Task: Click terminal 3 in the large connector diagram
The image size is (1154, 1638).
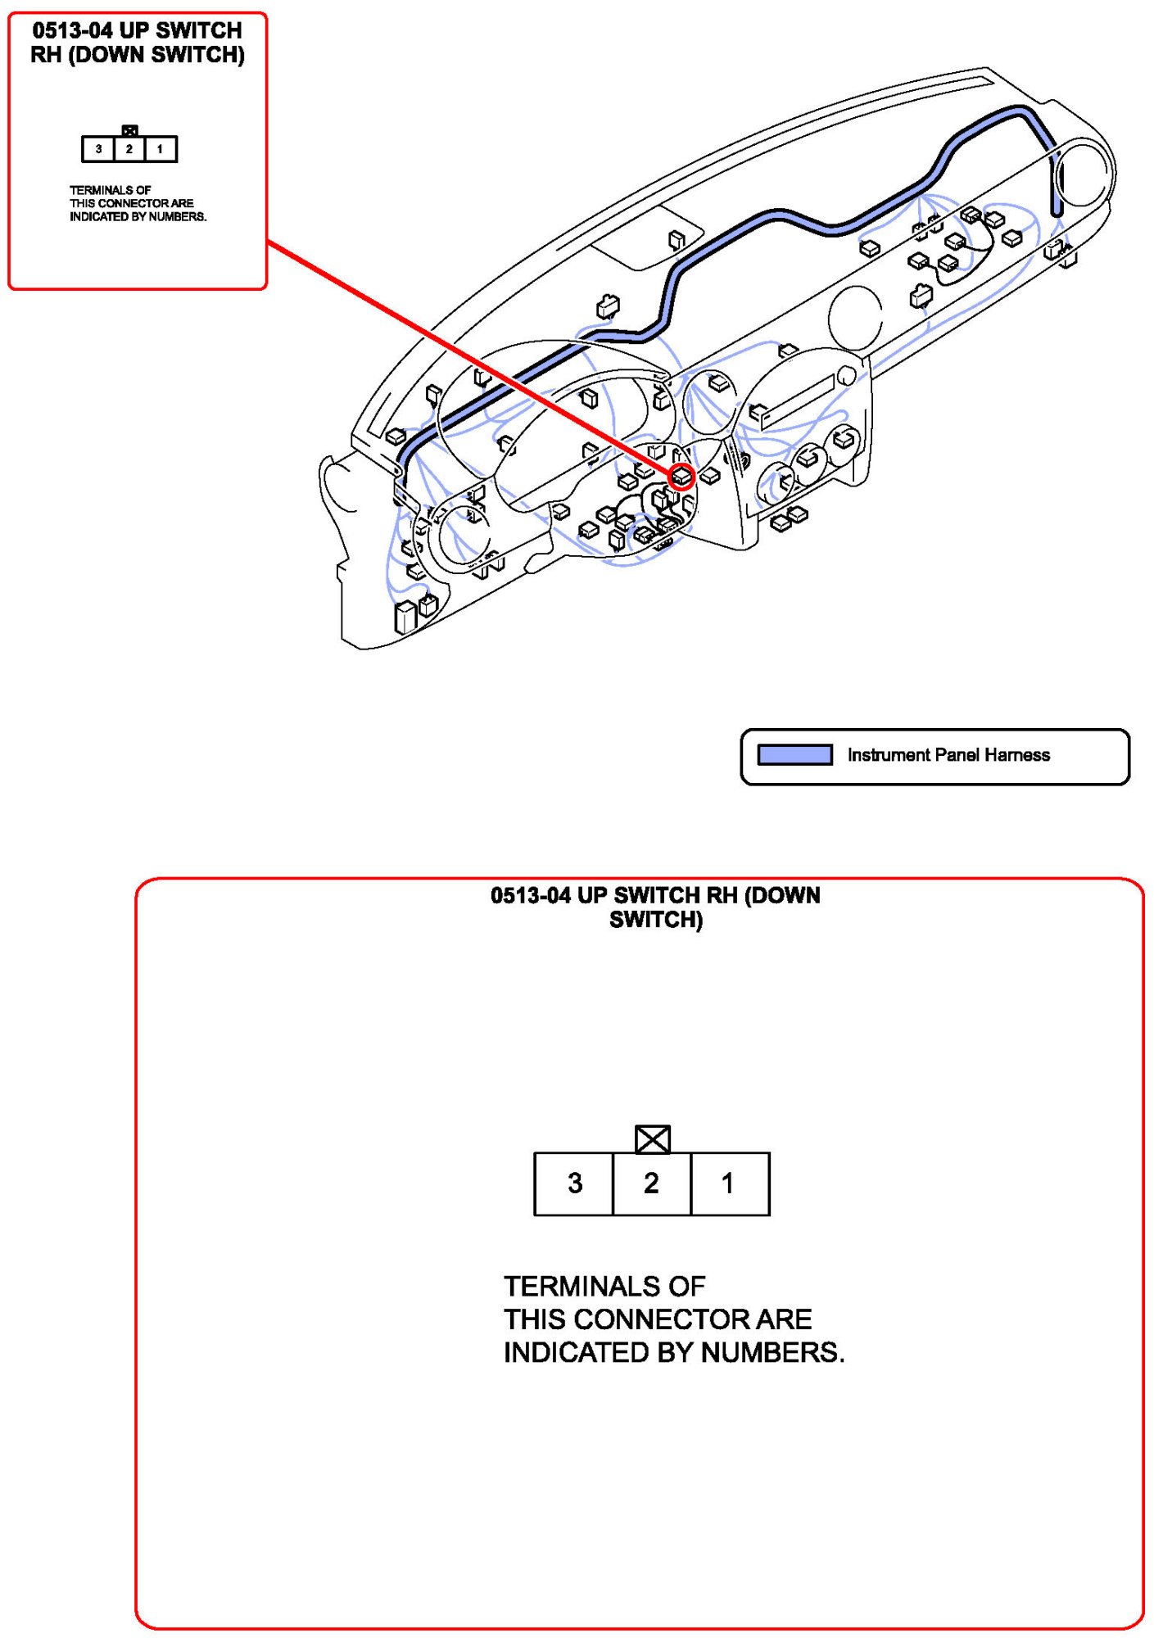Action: pyautogui.click(x=573, y=1183)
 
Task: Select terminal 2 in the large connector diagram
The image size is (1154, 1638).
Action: pyautogui.click(x=652, y=1183)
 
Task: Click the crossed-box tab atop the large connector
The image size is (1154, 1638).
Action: pyautogui.click(x=653, y=1139)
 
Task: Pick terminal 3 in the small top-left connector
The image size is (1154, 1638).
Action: pyautogui.click(x=98, y=149)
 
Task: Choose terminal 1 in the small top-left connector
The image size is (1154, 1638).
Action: pyautogui.click(x=161, y=149)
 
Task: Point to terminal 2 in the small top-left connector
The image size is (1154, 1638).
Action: pyautogui.click(x=129, y=149)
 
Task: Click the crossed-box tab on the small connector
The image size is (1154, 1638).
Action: pyautogui.click(x=129, y=130)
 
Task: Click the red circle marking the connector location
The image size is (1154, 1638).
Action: pyautogui.click(x=682, y=476)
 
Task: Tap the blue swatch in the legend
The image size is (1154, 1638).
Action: pyautogui.click(x=794, y=754)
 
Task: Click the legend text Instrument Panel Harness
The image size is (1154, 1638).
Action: pyautogui.click(x=948, y=755)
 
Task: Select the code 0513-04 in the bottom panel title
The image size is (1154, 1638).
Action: pyautogui.click(x=530, y=895)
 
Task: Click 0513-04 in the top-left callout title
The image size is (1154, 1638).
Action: pyautogui.click(x=72, y=31)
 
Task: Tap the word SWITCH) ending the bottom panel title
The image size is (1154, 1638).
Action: pyautogui.click(x=656, y=920)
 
